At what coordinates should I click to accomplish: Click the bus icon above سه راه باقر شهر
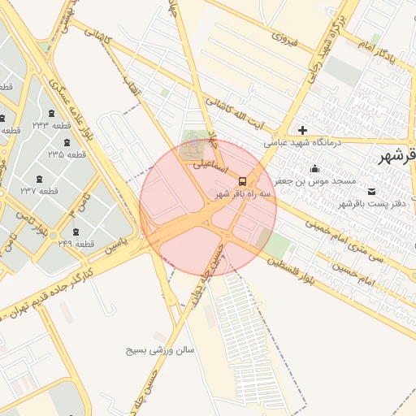pyautogui.click(x=243, y=181)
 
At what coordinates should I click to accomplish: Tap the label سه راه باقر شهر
pyautogui.click(x=244, y=194)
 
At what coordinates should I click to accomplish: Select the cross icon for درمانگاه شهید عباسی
pyautogui.click(x=302, y=130)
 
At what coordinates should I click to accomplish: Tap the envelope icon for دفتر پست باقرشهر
pyautogui.click(x=372, y=192)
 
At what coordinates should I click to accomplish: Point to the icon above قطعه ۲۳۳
pyautogui.click(x=53, y=113)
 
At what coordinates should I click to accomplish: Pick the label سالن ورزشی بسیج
pyautogui.click(x=160, y=350)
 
